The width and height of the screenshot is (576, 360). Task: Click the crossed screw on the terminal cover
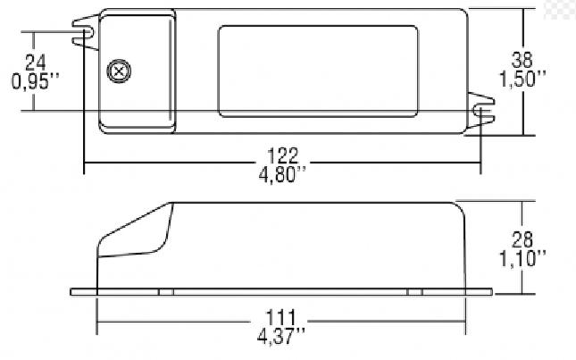(x=119, y=71)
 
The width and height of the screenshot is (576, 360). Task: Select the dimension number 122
(x=282, y=156)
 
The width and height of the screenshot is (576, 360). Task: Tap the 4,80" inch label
(x=282, y=174)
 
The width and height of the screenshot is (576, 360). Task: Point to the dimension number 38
(x=522, y=60)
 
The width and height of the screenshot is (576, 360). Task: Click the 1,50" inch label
(x=522, y=79)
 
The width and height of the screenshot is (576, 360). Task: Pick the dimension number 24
(x=35, y=63)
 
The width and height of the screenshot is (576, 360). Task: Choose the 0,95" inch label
(x=35, y=81)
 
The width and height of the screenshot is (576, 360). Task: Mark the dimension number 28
(x=522, y=240)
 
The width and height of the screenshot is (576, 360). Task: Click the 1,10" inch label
(x=522, y=259)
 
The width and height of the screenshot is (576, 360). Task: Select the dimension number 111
(x=280, y=318)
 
